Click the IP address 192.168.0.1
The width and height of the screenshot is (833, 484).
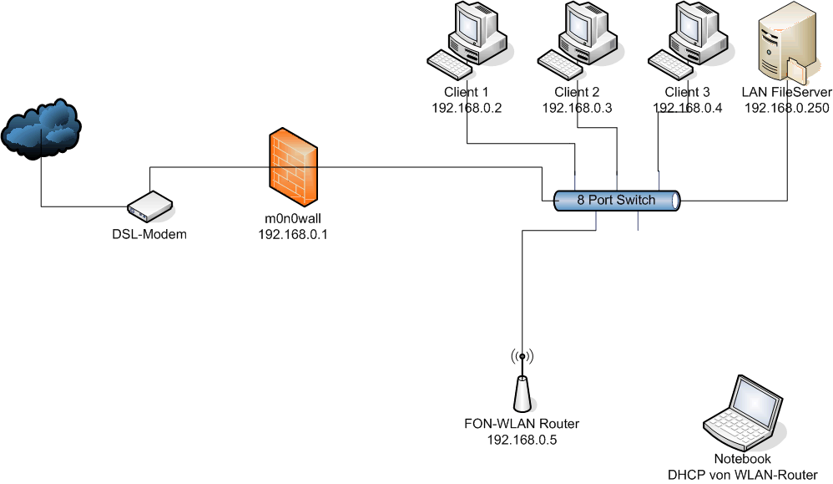tap(293, 235)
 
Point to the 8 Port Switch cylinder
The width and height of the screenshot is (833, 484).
tap(617, 201)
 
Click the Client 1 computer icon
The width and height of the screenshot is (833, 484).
tap(467, 40)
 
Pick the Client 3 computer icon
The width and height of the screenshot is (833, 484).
tap(687, 40)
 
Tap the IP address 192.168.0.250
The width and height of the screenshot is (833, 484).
tap(786, 108)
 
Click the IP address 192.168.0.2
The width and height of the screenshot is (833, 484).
tap(467, 108)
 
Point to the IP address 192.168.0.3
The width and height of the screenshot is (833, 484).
tap(578, 108)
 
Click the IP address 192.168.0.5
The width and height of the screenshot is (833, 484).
tap(522, 438)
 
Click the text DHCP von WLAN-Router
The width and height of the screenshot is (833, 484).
tap(742, 474)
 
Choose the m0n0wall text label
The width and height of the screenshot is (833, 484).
tap(293, 219)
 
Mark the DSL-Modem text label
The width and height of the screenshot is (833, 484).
tap(149, 234)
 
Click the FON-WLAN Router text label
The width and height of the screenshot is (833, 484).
tap(522, 423)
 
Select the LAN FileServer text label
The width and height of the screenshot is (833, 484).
tap(786, 92)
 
